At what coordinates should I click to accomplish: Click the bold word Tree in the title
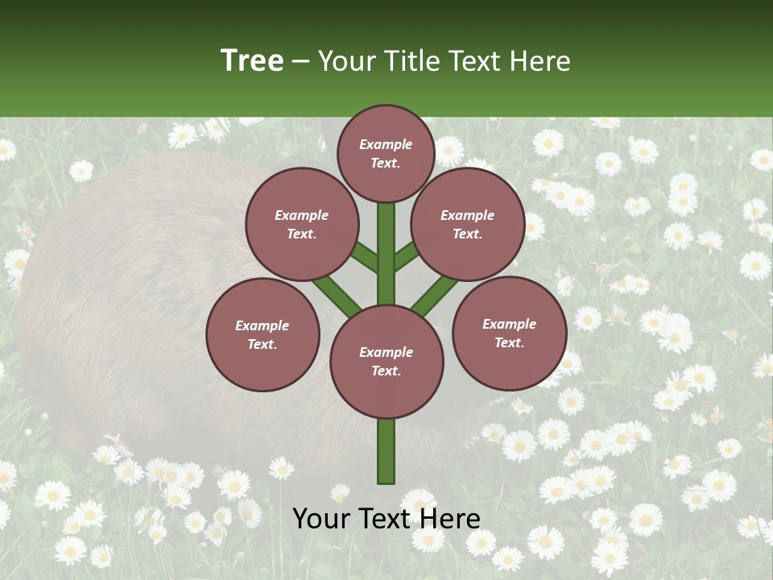coord(252,60)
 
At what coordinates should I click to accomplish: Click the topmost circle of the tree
coord(386,153)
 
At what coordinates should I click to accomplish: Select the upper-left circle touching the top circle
coord(301,224)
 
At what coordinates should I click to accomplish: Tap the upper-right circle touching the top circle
coord(467,224)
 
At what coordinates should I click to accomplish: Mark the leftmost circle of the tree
coord(262,334)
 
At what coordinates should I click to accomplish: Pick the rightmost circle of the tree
coord(509,333)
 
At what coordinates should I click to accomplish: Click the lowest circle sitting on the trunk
coord(386,361)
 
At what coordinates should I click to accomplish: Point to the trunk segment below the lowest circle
coord(386,451)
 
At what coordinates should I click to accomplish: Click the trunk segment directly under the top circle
coord(386,242)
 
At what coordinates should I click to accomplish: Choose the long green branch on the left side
coord(337,294)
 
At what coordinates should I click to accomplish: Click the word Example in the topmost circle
coord(386,144)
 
